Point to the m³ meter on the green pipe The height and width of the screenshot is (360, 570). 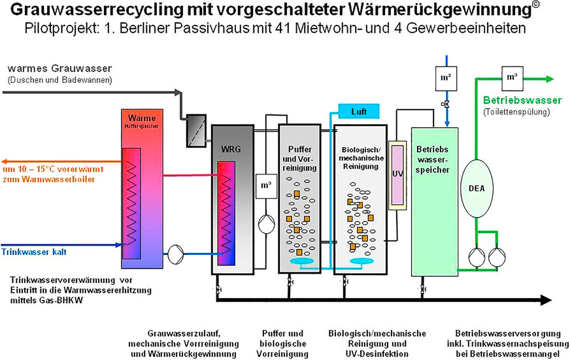tap(511, 77)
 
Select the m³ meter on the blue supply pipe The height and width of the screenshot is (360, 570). tap(445, 78)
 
